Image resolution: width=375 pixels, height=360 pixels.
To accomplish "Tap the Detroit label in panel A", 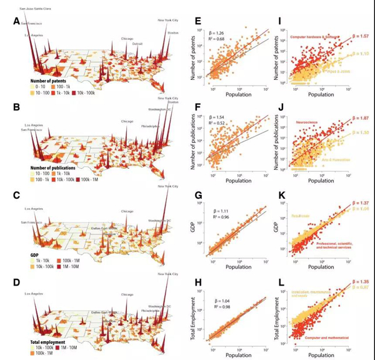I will (x=138, y=44).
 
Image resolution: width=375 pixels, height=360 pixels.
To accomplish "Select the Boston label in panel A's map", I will (x=172, y=32).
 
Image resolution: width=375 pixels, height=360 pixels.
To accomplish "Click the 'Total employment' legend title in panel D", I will (x=47, y=342).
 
